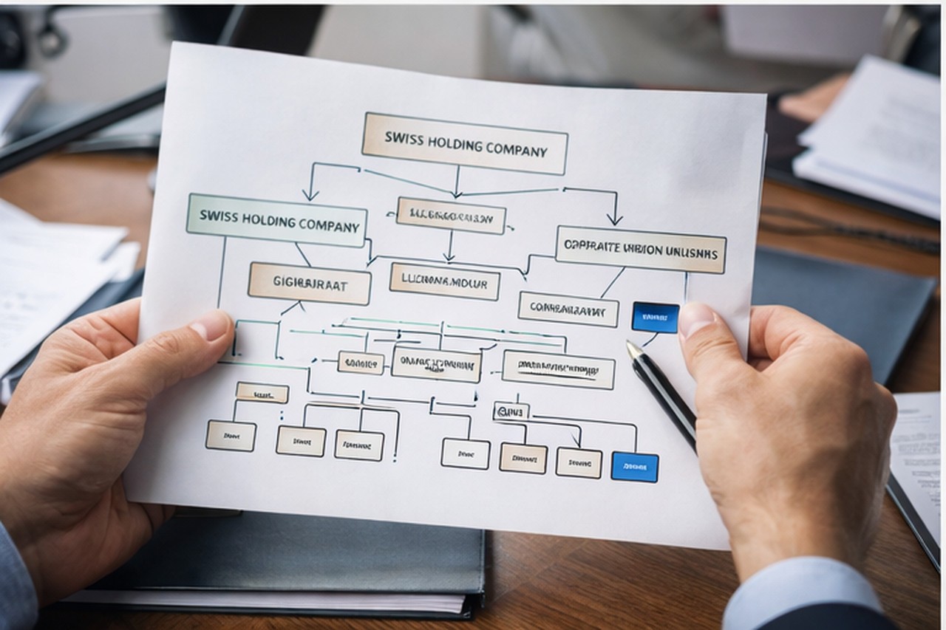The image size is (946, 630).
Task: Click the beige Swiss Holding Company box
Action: pos(464,144)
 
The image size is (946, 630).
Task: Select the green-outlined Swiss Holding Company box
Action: pos(277,221)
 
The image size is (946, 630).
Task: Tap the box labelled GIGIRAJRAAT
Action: pos(309,283)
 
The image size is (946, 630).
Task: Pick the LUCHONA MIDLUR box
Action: pos(444,281)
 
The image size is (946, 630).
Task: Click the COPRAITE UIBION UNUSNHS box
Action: pos(641,250)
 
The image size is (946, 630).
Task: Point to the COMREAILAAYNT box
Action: pos(568,309)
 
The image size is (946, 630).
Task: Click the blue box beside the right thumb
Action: pos(655,317)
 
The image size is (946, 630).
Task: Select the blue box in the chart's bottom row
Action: pos(634,467)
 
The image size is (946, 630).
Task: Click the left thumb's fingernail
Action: pos(211,326)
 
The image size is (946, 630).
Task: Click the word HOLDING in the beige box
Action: pos(464,144)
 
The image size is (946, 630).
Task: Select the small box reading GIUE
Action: pos(511,411)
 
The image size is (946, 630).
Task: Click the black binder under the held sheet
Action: pos(296,561)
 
